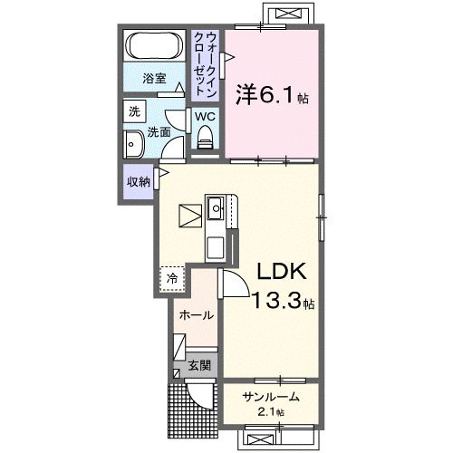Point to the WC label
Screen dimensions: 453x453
(x=205, y=117)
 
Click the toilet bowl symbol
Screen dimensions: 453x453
(x=205, y=139)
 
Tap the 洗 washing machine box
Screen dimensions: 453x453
(x=134, y=112)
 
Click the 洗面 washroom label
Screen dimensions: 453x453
(x=159, y=131)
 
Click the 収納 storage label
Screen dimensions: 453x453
(x=138, y=181)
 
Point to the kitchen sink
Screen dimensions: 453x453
(x=216, y=210)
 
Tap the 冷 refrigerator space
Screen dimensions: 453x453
(x=170, y=278)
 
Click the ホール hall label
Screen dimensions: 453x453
(x=196, y=315)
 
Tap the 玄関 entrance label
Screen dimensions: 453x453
(x=198, y=367)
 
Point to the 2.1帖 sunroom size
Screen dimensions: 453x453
(x=270, y=413)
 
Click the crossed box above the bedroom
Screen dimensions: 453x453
(x=288, y=14)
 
